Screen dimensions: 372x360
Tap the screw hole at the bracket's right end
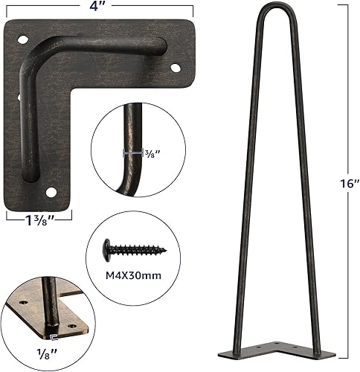[176, 68]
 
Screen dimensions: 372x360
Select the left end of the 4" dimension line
[5, 7]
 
